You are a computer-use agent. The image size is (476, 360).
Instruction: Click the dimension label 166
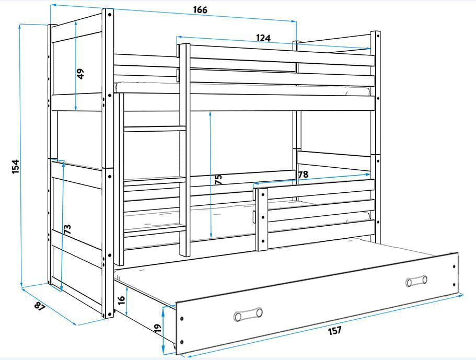click(200, 10)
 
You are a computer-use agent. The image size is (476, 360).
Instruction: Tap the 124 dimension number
click(263, 38)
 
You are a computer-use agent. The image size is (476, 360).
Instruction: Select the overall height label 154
click(16, 167)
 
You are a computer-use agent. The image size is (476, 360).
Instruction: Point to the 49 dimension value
click(80, 74)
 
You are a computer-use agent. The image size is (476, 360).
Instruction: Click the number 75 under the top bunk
click(218, 179)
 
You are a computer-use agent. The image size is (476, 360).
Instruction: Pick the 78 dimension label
click(303, 175)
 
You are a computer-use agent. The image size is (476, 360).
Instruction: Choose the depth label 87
click(40, 307)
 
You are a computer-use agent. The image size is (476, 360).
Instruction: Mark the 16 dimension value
click(121, 300)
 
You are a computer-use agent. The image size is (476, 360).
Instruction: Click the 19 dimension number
click(157, 328)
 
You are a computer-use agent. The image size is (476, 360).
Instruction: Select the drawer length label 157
click(334, 330)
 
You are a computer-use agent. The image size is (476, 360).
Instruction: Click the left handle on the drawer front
click(248, 314)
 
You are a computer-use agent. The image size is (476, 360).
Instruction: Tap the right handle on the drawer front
click(416, 281)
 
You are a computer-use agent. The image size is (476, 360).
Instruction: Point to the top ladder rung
click(155, 129)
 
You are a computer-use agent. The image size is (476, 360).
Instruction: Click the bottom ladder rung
click(155, 230)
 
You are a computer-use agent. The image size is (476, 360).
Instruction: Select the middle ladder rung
click(155, 181)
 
